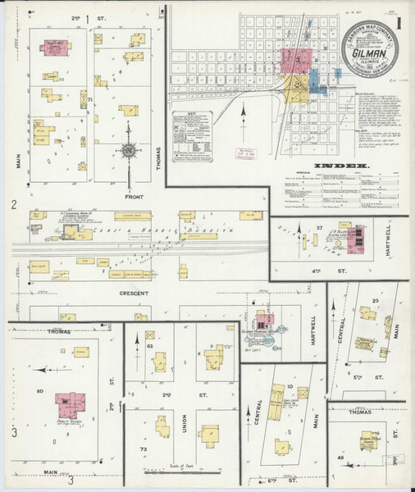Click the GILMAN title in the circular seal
pyautogui.click(x=367, y=57)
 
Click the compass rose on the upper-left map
pyautogui.click(x=129, y=151)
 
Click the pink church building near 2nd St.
pyautogui.click(x=54, y=47)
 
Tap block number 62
pyautogui.click(x=150, y=347)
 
